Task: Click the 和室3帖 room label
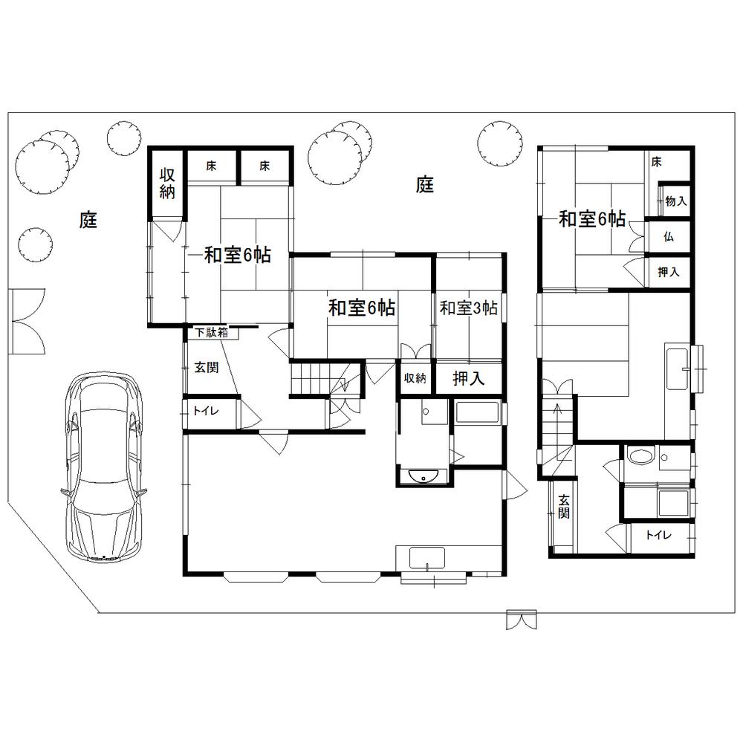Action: pyautogui.click(x=468, y=308)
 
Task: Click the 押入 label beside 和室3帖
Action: pyautogui.click(x=469, y=378)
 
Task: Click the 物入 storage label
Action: pyautogui.click(x=675, y=201)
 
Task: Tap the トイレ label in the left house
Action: pyautogui.click(x=201, y=410)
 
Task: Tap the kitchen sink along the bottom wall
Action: pyautogui.click(x=426, y=557)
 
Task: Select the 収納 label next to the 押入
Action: pyautogui.click(x=415, y=378)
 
